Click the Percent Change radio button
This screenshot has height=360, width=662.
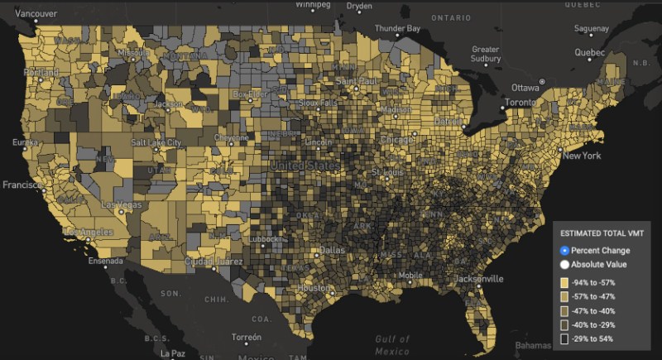(x=565, y=251)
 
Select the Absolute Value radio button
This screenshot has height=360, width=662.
(x=565, y=265)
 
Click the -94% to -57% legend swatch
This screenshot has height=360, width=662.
(x=564, y=283)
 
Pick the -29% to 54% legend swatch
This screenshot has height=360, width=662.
(x=564, y=339)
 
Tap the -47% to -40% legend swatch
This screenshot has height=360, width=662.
(x=564, y=311)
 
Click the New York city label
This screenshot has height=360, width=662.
(x=581, y=156)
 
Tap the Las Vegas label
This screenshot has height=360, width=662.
(x=120, y=204)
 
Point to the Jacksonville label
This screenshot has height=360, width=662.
(x=478, y=278)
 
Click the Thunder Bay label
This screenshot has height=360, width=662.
(x=397, y=28)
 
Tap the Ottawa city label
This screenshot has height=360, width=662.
(x=525, y=88)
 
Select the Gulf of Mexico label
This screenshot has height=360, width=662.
(x=393, y=344)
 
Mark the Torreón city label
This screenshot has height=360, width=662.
(x=246, y=338)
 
